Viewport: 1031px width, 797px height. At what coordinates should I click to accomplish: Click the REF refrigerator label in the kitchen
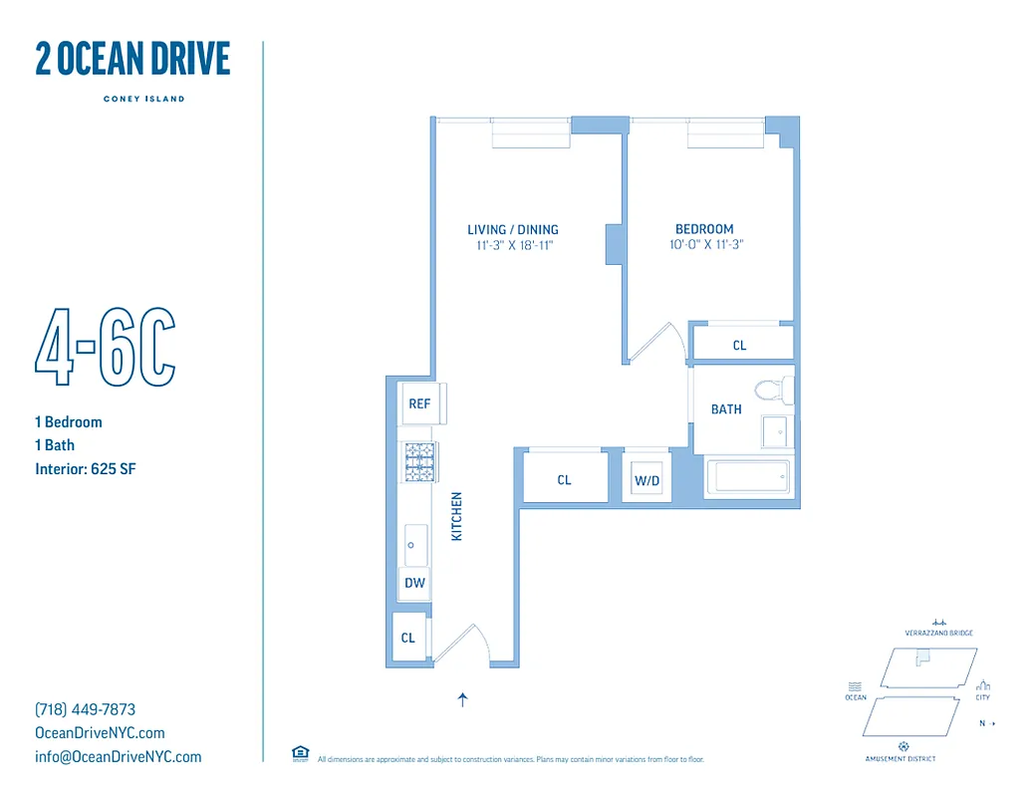(419, 403)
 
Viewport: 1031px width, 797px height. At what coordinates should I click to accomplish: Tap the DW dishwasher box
(414, 584)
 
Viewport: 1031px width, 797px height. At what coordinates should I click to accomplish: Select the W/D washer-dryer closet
(646, 481)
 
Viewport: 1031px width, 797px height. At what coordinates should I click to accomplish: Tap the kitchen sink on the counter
(414, 545)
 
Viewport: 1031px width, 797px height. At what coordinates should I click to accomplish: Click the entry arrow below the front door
(462, 700)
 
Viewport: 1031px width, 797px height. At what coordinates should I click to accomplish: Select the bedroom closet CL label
(739, 346)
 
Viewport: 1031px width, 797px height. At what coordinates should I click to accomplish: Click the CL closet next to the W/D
(564, 480)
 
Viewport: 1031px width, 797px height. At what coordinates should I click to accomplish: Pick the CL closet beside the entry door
(408, 639)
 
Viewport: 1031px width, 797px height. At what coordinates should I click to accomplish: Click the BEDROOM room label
(704, 229)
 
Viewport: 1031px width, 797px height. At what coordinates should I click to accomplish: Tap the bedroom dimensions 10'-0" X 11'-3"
(707, 244)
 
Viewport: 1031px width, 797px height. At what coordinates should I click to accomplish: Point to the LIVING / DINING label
(513, 230)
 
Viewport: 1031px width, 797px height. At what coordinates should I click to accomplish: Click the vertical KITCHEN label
(457, 516)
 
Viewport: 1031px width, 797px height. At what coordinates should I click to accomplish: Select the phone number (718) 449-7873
(86, 710)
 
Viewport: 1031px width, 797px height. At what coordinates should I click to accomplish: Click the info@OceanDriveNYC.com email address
(118, 757)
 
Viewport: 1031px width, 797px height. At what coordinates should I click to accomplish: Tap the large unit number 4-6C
(106, 349)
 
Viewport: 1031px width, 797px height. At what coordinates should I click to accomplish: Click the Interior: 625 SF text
(85, 469)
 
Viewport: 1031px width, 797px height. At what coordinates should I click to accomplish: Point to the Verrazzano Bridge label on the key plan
(938, 633)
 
